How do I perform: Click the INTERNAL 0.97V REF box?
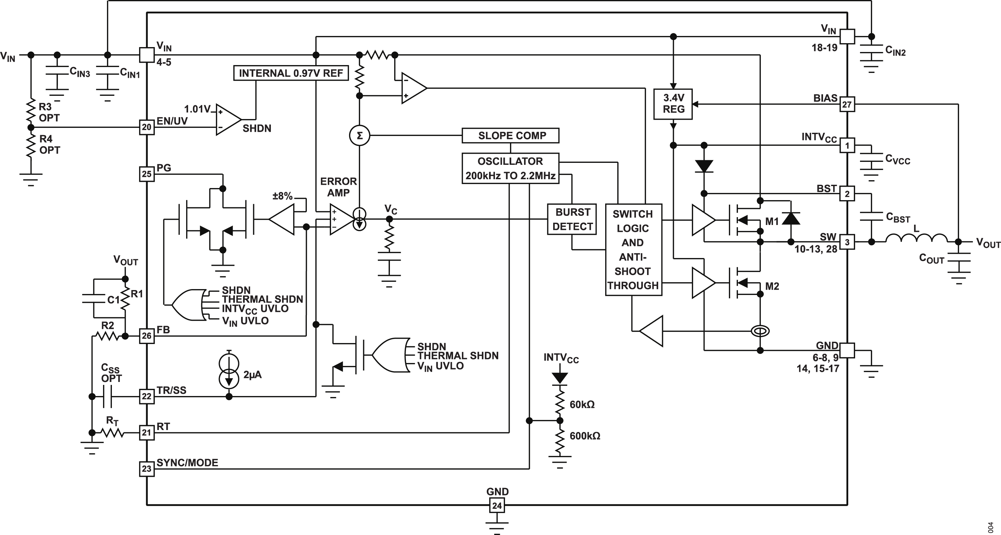point(291,73)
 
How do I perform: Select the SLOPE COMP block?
point(510,136)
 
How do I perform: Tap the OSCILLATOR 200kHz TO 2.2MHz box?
point(510,168)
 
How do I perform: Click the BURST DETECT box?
point(572,219)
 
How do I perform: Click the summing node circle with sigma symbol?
point(360,136)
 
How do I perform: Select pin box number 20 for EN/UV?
point(147,127)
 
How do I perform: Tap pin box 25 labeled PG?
point(147,174)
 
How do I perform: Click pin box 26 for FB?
point(147,336)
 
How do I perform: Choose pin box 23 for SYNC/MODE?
point(147,469)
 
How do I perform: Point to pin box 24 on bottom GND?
point(497,506)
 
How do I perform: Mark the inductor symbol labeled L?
point(916,238)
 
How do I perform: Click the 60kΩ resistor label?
point(582,405)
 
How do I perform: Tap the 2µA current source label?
point(252,375)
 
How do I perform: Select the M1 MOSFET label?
point(772,221)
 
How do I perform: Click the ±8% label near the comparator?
point(283,196)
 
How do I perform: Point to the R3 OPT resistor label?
point(49,112)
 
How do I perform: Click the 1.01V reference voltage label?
point(197,109)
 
